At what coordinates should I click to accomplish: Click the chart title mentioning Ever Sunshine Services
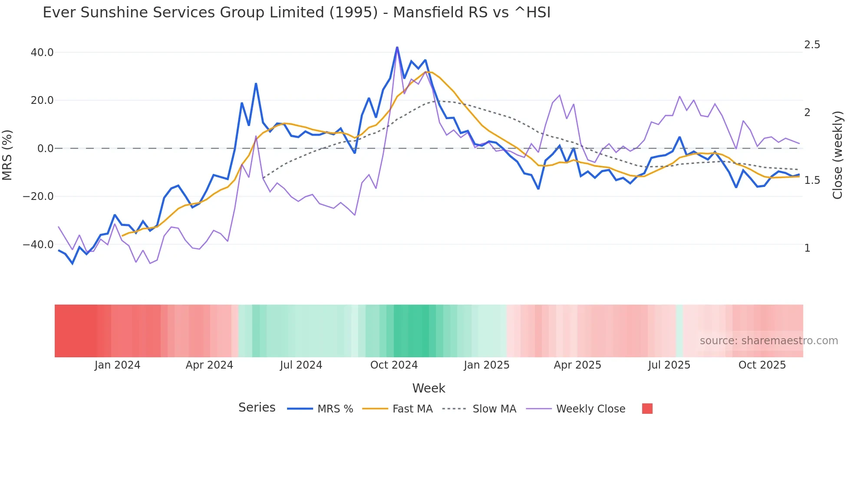point(297,13)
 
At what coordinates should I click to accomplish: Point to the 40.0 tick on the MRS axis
point(42,53)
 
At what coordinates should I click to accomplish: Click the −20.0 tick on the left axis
point(38,196)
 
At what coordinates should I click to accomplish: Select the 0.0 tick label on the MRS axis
point(45,149)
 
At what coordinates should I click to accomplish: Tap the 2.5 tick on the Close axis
point(812,45)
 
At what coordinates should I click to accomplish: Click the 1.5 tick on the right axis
point(812,180)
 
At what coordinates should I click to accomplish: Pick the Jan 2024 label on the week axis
point(117,365)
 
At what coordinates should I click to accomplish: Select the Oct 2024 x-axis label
point(394,365)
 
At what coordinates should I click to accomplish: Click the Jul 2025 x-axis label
point(669,365)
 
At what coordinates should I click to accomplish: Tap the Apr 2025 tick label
point(577,365)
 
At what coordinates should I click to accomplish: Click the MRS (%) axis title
point(7,155)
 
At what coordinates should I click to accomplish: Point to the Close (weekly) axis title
point(838,155)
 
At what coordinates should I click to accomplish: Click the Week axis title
point(429,388)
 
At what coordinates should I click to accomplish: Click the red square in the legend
point(647,409)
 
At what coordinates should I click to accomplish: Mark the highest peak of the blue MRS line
point(397,47)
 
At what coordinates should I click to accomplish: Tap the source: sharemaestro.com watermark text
point(769,341)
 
